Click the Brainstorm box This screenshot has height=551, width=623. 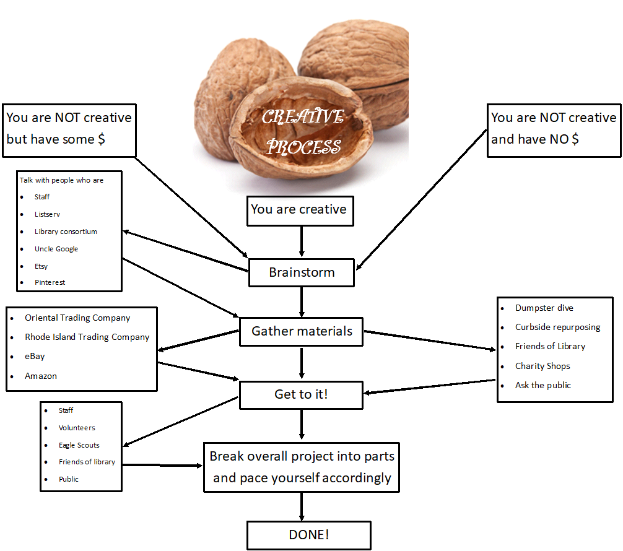pyautogui.click(x=302, y=272)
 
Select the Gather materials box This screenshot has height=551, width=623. pyautogui.click(x=301, y=331)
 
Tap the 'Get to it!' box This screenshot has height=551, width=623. pyautogui.click(x=301, y=395)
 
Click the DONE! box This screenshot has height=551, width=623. pyautogui.click(x=309, y=535)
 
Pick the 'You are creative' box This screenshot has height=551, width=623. pyautogui.click(x=300, y=210)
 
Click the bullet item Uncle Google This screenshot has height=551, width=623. pyautogui.click(x=56, y=249)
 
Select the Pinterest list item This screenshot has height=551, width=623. pyautogui.click(x=50, y=282)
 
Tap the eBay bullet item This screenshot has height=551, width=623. pyautogui.click(x=35, y=357)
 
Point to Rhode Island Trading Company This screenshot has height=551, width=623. pyautogui.click(x=87, y=337)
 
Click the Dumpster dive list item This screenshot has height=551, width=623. pyautogui.click(x=544, y=308)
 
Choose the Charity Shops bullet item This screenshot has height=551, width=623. pyautogui.click(x=542, y=366)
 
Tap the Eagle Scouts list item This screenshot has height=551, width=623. pyautogui.click(x=79, y=445)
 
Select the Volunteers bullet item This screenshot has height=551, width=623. pyautogui.click(x=77, y=428)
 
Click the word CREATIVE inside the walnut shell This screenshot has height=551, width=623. pyautogui.click(x=303, y=117)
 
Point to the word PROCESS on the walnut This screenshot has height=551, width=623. pyautogui.click(x=303, y=147)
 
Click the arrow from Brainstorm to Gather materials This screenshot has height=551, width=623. pyautogui.click(x=302, y=302)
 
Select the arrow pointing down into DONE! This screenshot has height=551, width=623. pyautogui.click(x=302, y=507)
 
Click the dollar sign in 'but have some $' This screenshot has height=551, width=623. pyautogui.click(x=102, y=139)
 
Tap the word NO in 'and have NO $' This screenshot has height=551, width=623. pyautogui.click(x=559, y=139)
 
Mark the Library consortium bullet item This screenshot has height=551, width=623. pyautogui.click(x=66, y=232)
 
